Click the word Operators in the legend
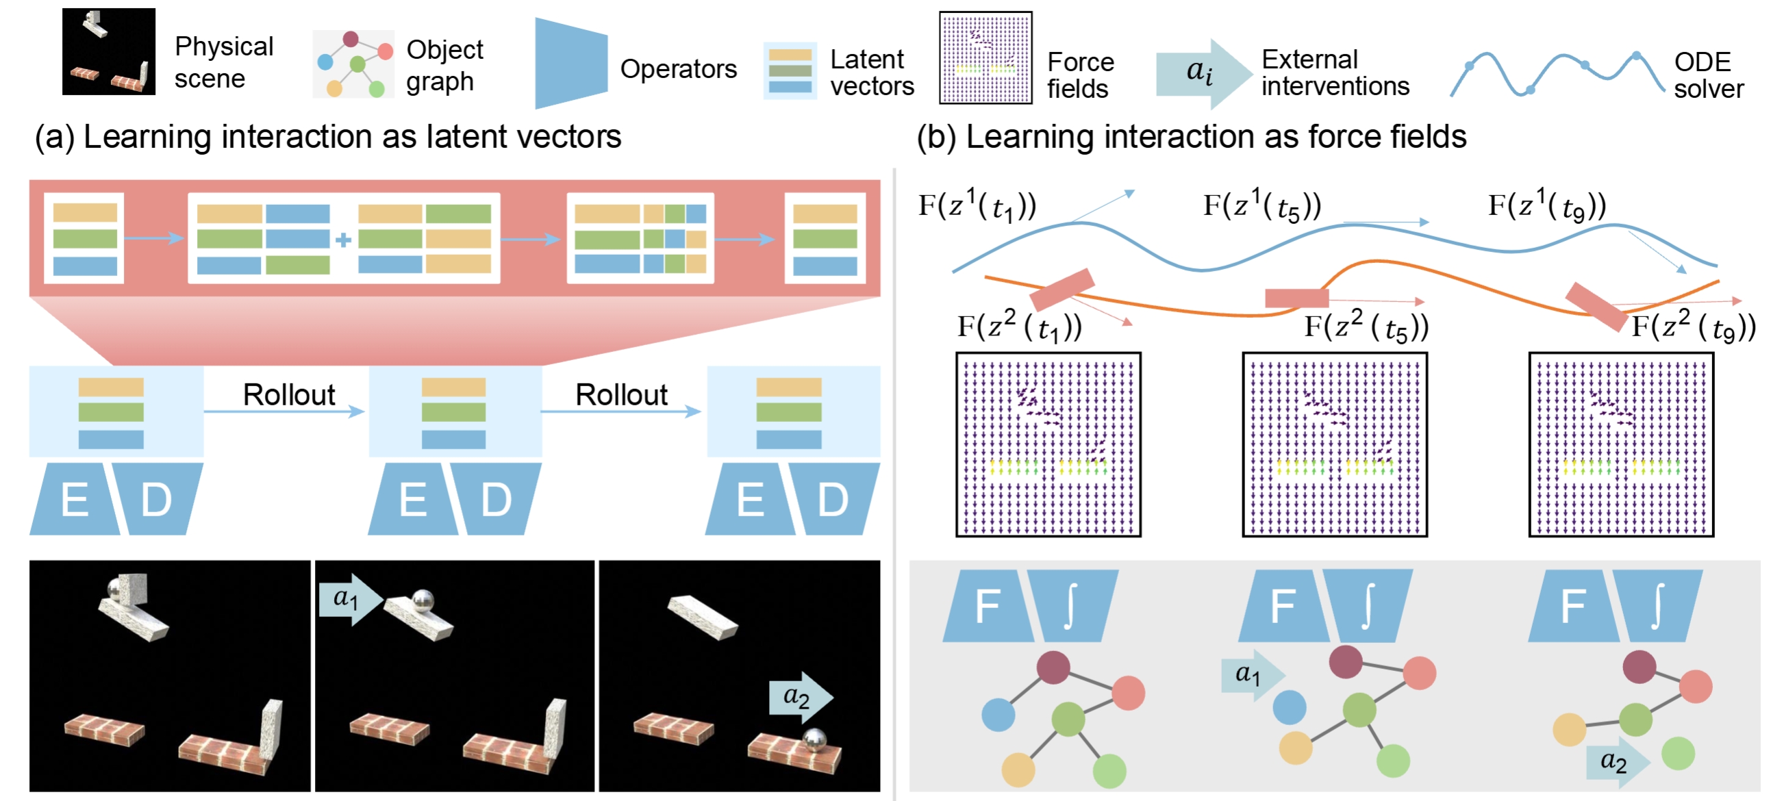[677, 68]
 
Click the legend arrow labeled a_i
[1203, 72]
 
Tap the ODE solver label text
[1708, 75]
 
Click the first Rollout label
[289, 394]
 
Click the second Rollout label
[621, 394]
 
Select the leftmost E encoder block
[73, 500]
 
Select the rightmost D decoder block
[833, 500]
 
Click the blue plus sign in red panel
[343, 239]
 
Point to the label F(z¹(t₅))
[1261, 205]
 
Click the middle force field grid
[1335, 445]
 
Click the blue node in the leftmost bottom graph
[998, 714]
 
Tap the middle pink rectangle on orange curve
[1296, 298]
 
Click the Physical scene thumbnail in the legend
[109, 51]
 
